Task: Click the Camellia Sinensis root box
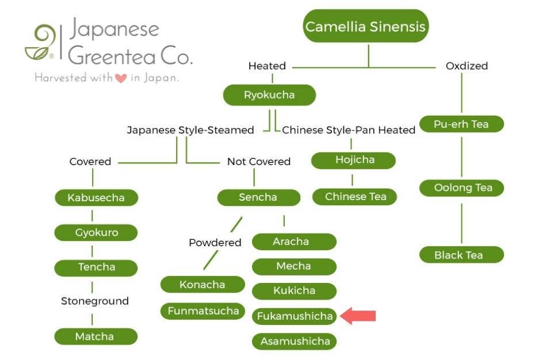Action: coord(366,26)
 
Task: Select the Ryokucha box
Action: coord(269,95)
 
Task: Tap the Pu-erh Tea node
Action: coord(461,124)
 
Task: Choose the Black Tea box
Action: coord(461,255)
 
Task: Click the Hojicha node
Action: coord(354,160)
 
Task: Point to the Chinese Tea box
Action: coord(355,197)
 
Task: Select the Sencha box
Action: coord(258,197)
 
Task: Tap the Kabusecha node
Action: coord(96,198)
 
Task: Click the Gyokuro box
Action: coord(96,233)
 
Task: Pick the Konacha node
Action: coord(202,285)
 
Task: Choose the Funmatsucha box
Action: coord(202,311)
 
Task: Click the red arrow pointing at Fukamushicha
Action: coord(358,316)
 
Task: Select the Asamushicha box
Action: coord(295,341)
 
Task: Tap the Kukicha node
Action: coord(295,290)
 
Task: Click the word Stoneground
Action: coord(95,301)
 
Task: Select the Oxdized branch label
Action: coord(467,66)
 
